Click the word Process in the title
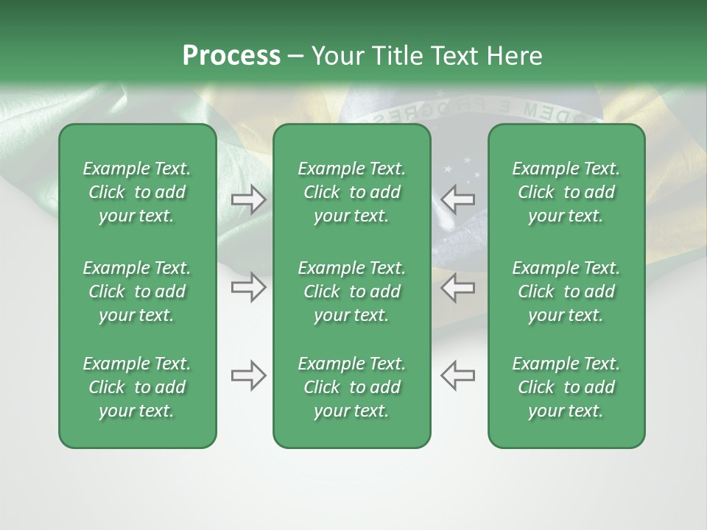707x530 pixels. point(231,56)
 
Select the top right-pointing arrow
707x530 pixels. point(248,199)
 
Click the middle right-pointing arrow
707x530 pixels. point(248,287)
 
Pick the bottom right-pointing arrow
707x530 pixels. point(248,375)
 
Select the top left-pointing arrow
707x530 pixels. point(458,199)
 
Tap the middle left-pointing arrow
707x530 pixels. point(458,287)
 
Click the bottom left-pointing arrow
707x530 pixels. point(458,375)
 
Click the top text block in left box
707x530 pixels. point(137,192)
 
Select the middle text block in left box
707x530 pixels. point(137,291)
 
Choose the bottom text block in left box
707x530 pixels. point(137,387)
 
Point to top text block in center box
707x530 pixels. point(351,192)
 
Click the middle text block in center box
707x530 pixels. point(351,291)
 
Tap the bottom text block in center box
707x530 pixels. point(351,387)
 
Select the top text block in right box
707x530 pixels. point(566,192)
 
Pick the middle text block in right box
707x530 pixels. point(566,291)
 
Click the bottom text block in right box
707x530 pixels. point(566,387)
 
